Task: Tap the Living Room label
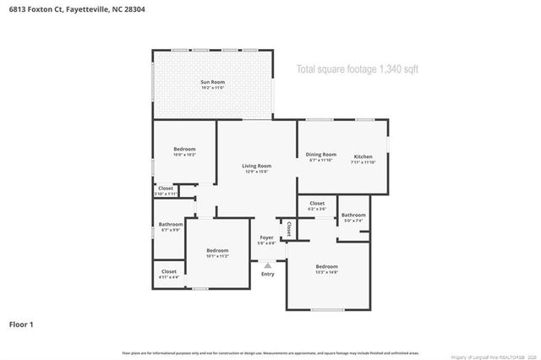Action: pyautogui.click(x=256, y=166)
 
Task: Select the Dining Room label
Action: pyautogui.click(x=320, y=155)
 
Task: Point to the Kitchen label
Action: pyautogui.click(x=363, y=156)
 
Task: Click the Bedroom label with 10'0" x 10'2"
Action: pyautogui.click(x=184, y=150)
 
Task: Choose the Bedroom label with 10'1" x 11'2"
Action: pyautogui.click(x=217, y=250)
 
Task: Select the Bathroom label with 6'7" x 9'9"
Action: pyautogui.click(x=171, y=225)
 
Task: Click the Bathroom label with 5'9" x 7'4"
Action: pyautogui.click(x=354, y=215)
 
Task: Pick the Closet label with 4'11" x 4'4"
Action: pyautogui.click(x=169, y=271)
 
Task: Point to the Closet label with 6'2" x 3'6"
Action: pyautogui.click(x=317, y=204)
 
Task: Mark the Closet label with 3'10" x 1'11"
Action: pyautogui.click(x=166, y=188)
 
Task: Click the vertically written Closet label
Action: pyautogui.click(x=289, y=228)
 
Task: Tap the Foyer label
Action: pyautogui.click(x=267, y=237)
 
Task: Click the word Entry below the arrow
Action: pyautogui.click(x=267, y=274)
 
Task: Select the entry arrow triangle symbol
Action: pyautogui.click(x=267, y=265)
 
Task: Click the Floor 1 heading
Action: pyautogui.click(x=21, y=324)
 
